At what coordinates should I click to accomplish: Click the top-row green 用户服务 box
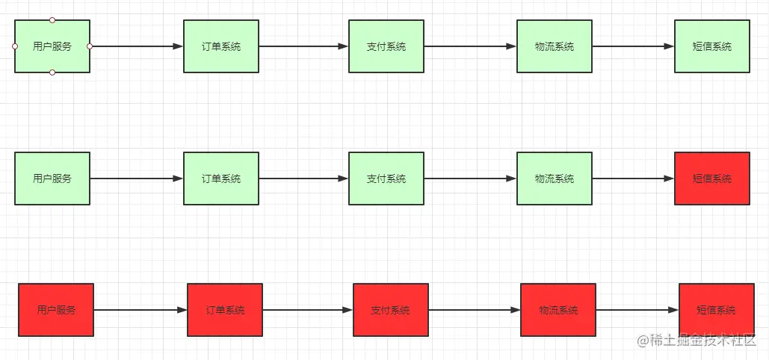[52, 46]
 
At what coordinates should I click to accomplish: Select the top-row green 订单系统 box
[221, 46]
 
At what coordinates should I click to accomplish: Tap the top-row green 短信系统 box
[711, 46]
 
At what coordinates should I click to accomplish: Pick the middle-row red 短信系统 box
[711, 179]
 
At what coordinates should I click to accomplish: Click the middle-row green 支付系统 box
[386, 179]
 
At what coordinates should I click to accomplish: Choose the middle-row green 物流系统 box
[555, 179]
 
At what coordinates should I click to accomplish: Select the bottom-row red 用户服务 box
[56, 310]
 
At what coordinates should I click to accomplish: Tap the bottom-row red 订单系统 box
[225, 310]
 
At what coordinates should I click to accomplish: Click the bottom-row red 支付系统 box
[390, 310]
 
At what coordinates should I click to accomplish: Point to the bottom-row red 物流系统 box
[558, 310]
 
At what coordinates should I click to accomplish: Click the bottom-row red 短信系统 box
[716, 310]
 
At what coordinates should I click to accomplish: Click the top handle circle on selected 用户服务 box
[52, 20]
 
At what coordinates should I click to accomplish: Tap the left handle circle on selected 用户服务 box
[15, 46]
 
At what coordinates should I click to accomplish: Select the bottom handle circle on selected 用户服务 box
[52, 72]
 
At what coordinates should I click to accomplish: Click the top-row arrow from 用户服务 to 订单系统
[137, 46]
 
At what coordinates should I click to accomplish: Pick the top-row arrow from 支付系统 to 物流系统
[470, 46]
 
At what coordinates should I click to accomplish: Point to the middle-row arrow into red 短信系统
[633, 179]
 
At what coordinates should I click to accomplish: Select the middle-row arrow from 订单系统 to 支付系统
[303, 179]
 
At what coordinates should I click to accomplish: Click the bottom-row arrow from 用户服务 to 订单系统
[140, 310]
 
